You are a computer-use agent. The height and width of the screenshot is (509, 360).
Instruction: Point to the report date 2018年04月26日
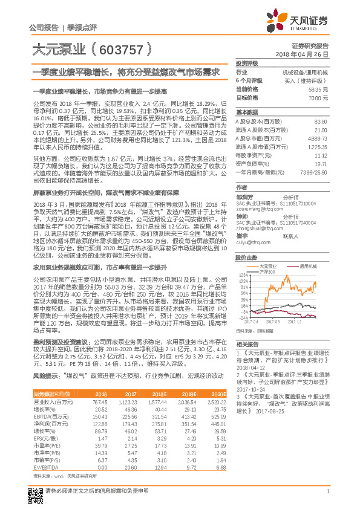[x=306, y=54]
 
